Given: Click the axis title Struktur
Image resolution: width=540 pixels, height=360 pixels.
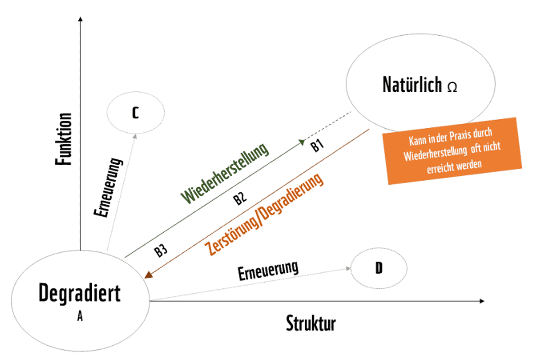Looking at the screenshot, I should [x=310, y=323].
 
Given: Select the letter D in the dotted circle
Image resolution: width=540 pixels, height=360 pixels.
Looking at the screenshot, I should [x=378, y=269].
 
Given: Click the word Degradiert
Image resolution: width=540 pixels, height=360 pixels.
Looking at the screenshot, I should [x=80, y=293].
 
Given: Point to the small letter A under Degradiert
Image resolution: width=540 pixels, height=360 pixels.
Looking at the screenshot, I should [x=80, y=317].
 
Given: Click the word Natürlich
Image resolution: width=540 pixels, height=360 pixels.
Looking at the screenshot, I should [x=412, y=85].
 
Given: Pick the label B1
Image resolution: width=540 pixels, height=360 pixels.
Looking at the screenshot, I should [x=317, y=146].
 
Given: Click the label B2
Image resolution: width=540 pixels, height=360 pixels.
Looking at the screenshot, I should [x=240, y=200].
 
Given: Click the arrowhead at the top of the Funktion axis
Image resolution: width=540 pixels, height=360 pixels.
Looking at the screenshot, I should [x=81, y=19].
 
